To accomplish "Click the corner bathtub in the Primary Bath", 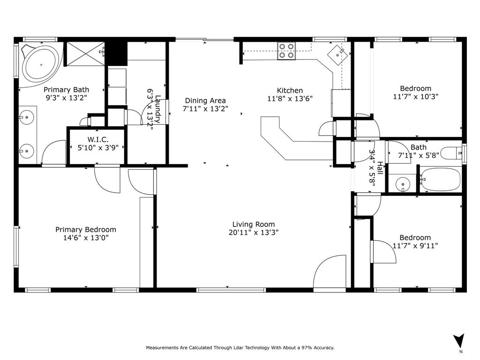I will point(41,65).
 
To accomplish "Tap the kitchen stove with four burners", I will point(286,51).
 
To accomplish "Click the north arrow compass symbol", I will point(459,341).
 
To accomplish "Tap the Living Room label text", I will point(254,224).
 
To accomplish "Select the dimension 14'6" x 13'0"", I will point(86,238).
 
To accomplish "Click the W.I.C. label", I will point(98,139).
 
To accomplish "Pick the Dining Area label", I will point(205,100).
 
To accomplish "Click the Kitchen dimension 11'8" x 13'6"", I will point(290,98).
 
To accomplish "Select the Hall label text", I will point(380,169).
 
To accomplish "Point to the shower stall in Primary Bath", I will point(85,53).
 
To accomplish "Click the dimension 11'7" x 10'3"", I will point(415,97).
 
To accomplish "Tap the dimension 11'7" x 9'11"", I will point(415,246).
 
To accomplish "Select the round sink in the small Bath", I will point(403,184).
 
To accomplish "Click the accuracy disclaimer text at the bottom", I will point(240,348).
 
